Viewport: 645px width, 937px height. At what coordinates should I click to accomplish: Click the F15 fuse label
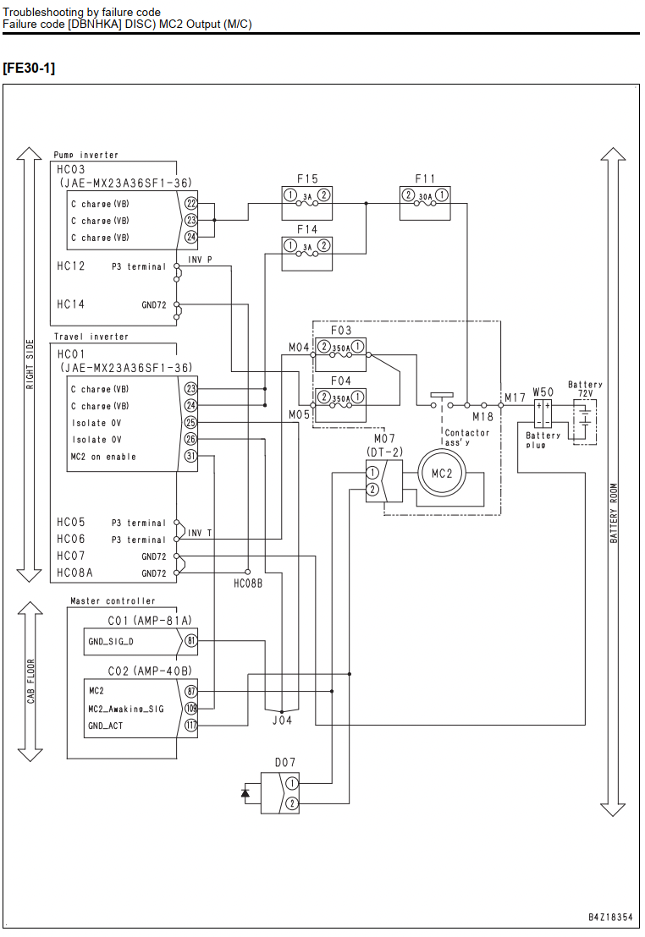[x=307, y=178]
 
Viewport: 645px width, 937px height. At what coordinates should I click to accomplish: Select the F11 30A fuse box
[x=425, y=203]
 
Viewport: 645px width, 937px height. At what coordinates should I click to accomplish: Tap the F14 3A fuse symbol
[x=307, y=254]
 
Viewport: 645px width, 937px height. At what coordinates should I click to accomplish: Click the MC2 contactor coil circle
[x=442, y=474]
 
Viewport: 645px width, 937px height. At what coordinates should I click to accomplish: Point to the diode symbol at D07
[x=245, y=793]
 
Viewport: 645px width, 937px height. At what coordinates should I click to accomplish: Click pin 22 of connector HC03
[x=190, y=204]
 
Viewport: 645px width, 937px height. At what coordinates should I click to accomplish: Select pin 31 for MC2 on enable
[x=190, y=456]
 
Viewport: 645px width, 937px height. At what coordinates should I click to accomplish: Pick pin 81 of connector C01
[x=190, y=641]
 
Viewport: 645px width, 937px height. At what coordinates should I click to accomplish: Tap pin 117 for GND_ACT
[x=190, y=726]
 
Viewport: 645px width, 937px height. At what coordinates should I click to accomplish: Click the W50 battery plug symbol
[x=543, y=414]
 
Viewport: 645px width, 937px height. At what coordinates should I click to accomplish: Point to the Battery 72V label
[x=585, y=389]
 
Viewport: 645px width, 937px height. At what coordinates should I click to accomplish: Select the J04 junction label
[x=282, y=721]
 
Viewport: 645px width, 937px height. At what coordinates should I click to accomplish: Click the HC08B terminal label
[x=248, y=584]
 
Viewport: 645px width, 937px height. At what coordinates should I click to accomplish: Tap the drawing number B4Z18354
[x=610, y=917]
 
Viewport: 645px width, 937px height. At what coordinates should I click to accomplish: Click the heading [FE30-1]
[x=29, y=68]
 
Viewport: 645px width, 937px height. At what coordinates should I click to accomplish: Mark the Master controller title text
[x=113, y=600]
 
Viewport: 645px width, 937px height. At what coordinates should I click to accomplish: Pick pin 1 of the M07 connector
[x=372, y=473]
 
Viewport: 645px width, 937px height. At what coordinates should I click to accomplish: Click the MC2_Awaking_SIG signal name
[x=125, y=709]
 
